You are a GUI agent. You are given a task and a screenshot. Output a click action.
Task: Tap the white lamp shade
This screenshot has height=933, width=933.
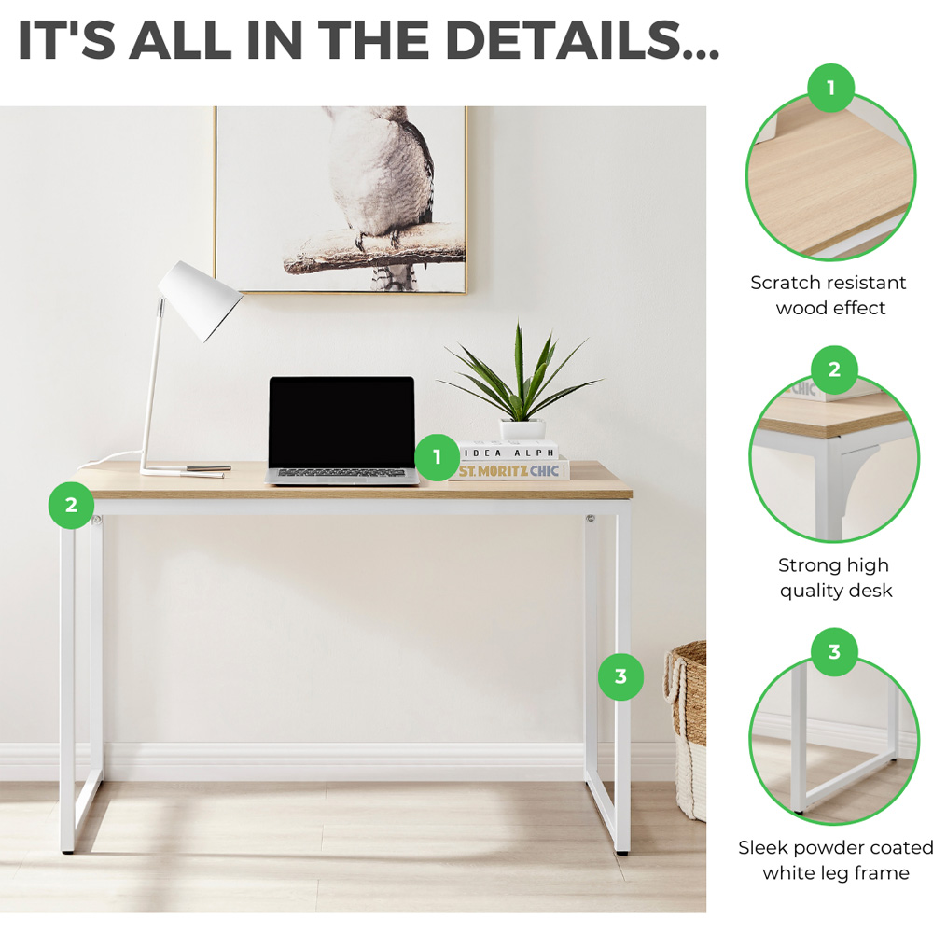(x=201, y=299)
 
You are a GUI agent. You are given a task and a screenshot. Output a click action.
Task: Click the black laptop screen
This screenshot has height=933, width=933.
(x=341, y=422)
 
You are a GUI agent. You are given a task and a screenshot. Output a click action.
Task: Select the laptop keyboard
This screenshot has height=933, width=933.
(x=341, y=473)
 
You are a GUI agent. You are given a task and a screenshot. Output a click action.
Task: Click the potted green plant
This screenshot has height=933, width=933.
(x=520, y=381)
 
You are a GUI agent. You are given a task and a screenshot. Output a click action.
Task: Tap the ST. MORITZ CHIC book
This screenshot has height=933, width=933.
(x=509, y=470)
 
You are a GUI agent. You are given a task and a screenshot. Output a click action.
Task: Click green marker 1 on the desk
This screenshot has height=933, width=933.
(x=438, y=457)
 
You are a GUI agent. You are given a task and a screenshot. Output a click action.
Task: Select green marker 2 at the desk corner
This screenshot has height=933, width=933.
(x=72, y=505)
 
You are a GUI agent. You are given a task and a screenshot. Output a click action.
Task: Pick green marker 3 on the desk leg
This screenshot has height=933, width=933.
(x=620, y=676)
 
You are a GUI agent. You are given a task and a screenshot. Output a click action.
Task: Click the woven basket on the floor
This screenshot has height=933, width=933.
(x=688, y=731)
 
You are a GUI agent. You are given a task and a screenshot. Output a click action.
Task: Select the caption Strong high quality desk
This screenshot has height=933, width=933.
(x=835, y=578)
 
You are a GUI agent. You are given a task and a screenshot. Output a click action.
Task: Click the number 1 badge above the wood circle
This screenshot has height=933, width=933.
(x=830, y=88)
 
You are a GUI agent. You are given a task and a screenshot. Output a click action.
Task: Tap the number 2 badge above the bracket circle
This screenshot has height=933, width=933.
(x=834, y=369)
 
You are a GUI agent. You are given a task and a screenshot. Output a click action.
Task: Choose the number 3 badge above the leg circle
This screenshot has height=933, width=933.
(x=834, y=651)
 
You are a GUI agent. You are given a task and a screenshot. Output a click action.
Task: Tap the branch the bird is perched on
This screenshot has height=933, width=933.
(x=375, y=250)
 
